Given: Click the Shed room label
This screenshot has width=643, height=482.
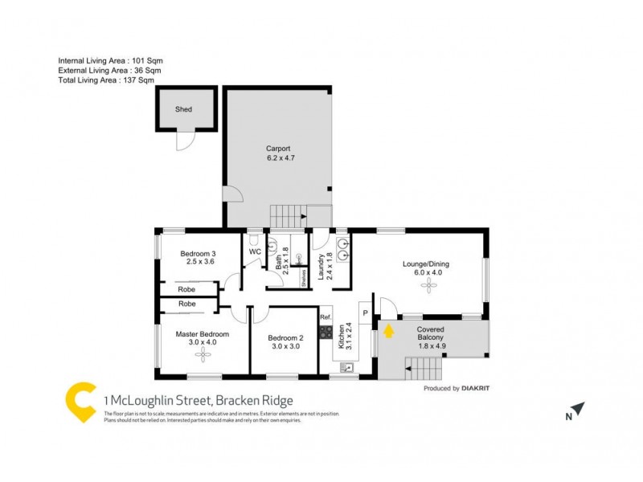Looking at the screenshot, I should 184,110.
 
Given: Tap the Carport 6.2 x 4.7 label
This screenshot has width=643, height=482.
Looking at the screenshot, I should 278,153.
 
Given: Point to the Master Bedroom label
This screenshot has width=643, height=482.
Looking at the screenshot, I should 203,338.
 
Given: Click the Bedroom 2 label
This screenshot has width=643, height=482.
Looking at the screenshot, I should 285,342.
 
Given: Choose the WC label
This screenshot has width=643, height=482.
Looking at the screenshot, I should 255,251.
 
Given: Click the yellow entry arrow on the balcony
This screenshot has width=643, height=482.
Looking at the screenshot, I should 388,329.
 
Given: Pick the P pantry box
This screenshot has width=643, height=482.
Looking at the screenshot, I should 364,313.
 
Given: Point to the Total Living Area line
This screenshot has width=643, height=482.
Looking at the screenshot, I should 106,80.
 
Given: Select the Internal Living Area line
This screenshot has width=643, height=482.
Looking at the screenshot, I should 109,61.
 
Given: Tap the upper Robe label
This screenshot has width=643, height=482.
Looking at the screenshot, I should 187,288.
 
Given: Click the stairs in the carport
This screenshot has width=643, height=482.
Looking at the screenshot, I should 289,216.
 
